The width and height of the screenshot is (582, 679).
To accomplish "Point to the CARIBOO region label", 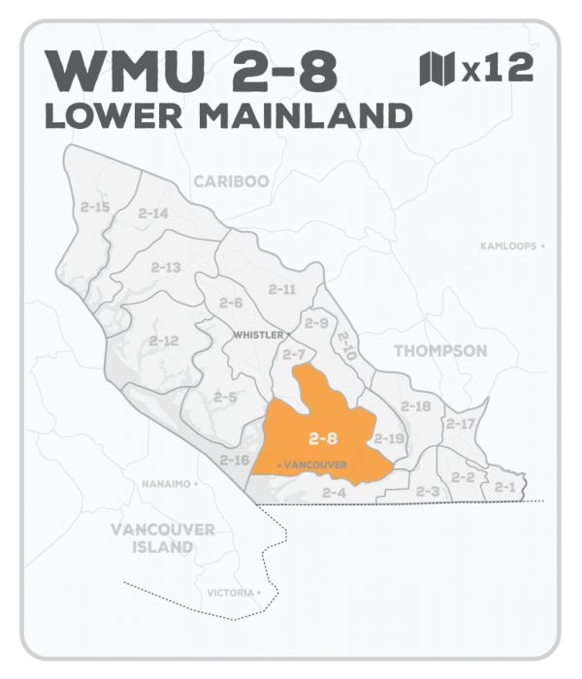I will [231, 181].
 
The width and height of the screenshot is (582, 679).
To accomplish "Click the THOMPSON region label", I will [440, 350].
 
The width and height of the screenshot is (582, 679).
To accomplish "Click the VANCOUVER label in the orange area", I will [314, 466].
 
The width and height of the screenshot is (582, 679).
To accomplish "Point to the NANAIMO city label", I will [169, 482].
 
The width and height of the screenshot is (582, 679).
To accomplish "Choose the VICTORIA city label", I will [231, 592].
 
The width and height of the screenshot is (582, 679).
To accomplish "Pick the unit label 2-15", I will [95, 207].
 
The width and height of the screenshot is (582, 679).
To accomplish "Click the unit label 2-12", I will [164, 340].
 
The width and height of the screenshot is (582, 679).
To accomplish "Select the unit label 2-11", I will [282, 289].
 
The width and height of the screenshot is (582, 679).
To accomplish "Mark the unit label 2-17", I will [461, 423].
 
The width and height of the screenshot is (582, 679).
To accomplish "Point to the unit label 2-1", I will [503, 486].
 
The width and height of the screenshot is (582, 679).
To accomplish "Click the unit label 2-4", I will [334, 493].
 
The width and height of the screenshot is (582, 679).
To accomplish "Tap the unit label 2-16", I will [234, 460].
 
